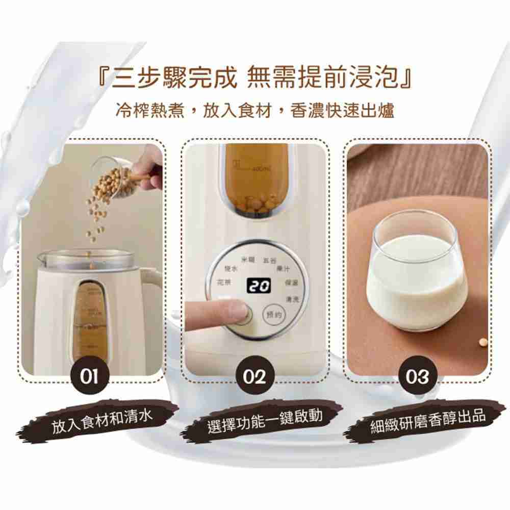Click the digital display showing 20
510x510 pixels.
[x=257, y=287]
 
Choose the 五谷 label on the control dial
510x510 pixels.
[x=268, y=261]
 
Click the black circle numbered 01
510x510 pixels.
[x=92, y=378]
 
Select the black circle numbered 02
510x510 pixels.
[x=254, y=378]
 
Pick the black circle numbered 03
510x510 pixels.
[x=417, y=378]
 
